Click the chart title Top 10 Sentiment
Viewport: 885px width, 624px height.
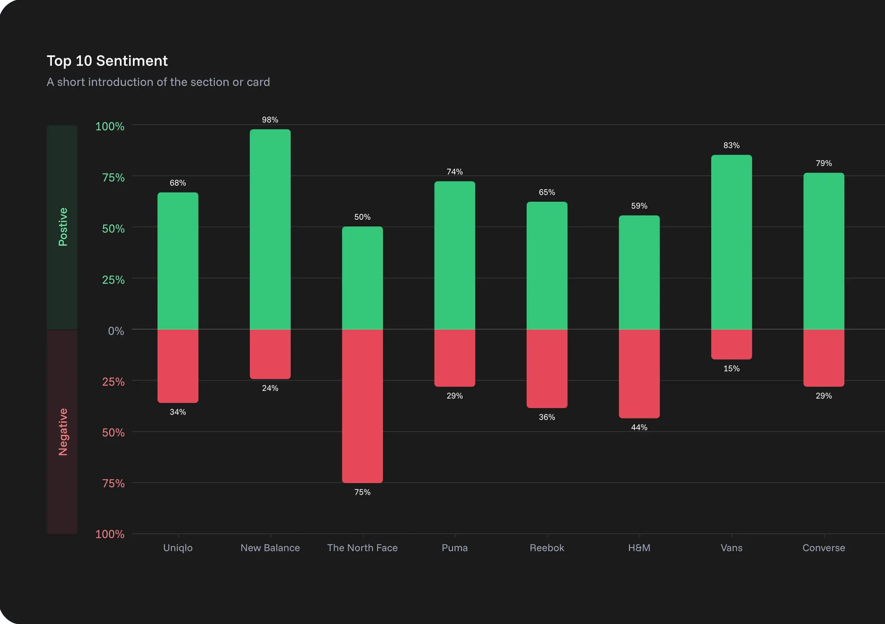[107, 61]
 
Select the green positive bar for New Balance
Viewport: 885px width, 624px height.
[270, 229]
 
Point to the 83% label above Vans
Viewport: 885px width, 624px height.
[731, 146]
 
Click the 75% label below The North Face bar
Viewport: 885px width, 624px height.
[362, 492]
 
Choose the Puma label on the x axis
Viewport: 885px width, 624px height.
[455, 548]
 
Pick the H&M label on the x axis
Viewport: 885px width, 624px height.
[639, 548]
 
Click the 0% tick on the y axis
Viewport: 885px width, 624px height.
[116, 331]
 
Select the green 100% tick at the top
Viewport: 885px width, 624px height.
[110, 127]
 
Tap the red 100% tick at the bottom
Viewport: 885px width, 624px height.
[110, 534]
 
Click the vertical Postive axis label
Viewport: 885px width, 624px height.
[63, 227]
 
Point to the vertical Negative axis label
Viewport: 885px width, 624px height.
[63, 432]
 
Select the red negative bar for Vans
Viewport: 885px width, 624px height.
[731, 344]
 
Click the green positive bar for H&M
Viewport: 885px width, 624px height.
[639, 272]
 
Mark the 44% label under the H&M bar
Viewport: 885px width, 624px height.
[639, 428]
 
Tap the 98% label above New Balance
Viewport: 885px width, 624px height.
[270, 120]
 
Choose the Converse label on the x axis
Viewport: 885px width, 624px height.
[824, 548]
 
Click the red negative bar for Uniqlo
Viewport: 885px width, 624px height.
[178, 366]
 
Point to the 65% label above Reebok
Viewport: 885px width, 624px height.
[547, 192]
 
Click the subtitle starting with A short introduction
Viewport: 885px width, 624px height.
[158, 82]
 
